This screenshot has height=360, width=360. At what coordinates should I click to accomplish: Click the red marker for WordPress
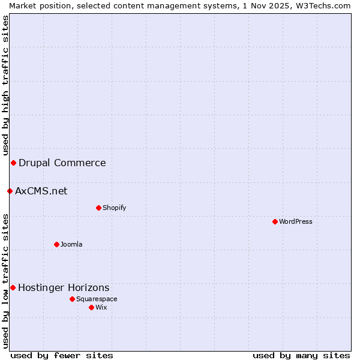[x=275, y=221]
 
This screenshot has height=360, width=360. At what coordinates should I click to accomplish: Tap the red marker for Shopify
[x=98, y=208]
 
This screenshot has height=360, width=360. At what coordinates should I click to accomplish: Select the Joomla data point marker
[x=56, y=244]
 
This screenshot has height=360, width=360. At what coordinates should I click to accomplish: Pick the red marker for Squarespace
[x=72, y=299]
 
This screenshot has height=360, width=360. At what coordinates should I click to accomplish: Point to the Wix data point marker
[x=91, y=307]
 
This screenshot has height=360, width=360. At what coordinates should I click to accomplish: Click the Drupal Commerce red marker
[x=13, y=163]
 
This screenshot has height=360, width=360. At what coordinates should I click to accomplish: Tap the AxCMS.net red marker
[x=10, y=191]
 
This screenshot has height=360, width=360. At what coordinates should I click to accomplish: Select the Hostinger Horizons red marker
[x=13, y=287]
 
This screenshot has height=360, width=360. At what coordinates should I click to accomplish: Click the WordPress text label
[x=296, y=221]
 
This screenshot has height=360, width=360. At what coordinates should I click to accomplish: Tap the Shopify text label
[x=114, y=208]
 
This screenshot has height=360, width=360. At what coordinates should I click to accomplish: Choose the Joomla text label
[x=71, y=244]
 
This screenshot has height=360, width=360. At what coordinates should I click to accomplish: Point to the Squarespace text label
[x=97, y=299]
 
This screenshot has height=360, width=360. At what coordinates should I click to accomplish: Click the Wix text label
[x=101, y=307]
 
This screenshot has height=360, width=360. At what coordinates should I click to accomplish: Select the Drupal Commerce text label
[x=62, y=163]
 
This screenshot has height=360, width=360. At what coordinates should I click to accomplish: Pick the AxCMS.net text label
[x=41, y=191]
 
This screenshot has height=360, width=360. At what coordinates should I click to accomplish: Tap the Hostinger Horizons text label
[x=64, y=287]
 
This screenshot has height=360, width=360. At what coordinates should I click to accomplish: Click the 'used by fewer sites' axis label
[x=62, y=355]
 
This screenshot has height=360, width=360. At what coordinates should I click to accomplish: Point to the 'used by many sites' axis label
[x=301, y=355]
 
